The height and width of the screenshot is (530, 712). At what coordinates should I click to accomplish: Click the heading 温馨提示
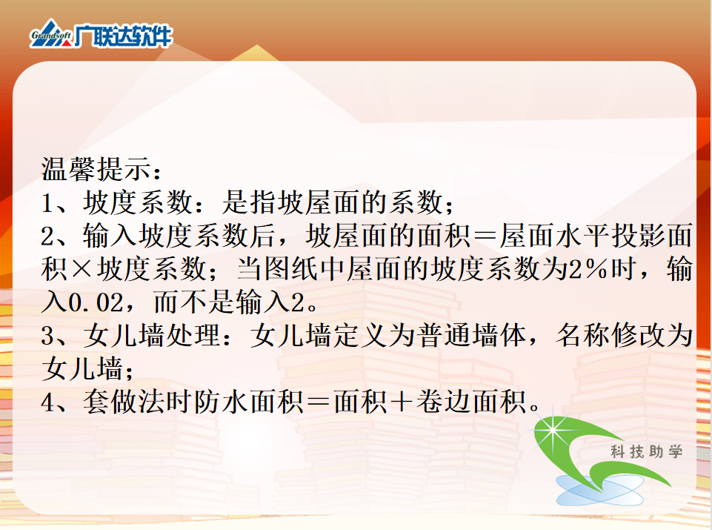97,169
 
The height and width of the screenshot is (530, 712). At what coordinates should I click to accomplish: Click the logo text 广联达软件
124,36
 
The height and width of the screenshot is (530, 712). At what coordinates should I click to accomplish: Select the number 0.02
96,302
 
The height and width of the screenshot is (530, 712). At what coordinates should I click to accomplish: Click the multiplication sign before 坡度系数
82,270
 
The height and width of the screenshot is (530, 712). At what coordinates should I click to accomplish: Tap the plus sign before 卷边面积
402,403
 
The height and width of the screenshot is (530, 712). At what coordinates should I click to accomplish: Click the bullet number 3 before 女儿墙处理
47,337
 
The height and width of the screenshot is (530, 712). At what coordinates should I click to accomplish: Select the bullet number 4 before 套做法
47,403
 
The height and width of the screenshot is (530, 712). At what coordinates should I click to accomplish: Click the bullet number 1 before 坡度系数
47,203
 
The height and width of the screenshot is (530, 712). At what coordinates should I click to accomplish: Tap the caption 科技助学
646,452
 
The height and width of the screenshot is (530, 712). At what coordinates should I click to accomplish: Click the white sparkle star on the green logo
553,428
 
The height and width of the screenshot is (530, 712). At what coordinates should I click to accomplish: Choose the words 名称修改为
625,336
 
